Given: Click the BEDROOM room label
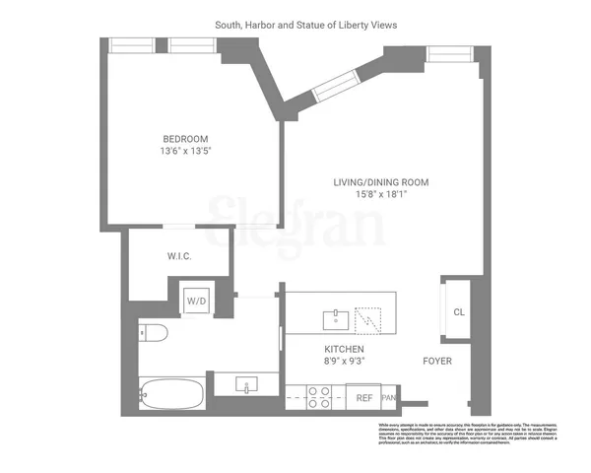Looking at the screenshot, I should (185, 138).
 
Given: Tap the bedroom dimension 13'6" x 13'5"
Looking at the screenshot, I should (185, 152).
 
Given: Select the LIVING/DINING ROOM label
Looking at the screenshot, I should (371, 181).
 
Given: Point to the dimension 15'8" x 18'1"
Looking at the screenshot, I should (371, 195).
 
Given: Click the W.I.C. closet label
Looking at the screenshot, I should (178, 256).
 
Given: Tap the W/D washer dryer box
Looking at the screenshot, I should (197, 302).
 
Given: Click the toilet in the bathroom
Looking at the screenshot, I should (154, 333).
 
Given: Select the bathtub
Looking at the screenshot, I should (172, 395).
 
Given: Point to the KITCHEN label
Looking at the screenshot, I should (345, 350).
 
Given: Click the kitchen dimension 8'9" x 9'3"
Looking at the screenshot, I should (345, 363).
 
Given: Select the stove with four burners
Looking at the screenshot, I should (319, 397).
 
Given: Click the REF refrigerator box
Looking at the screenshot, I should (363, 398).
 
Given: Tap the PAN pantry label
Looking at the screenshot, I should (389, 398).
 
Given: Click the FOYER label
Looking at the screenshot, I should (437, 361).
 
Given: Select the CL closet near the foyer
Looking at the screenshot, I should (458, 312).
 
